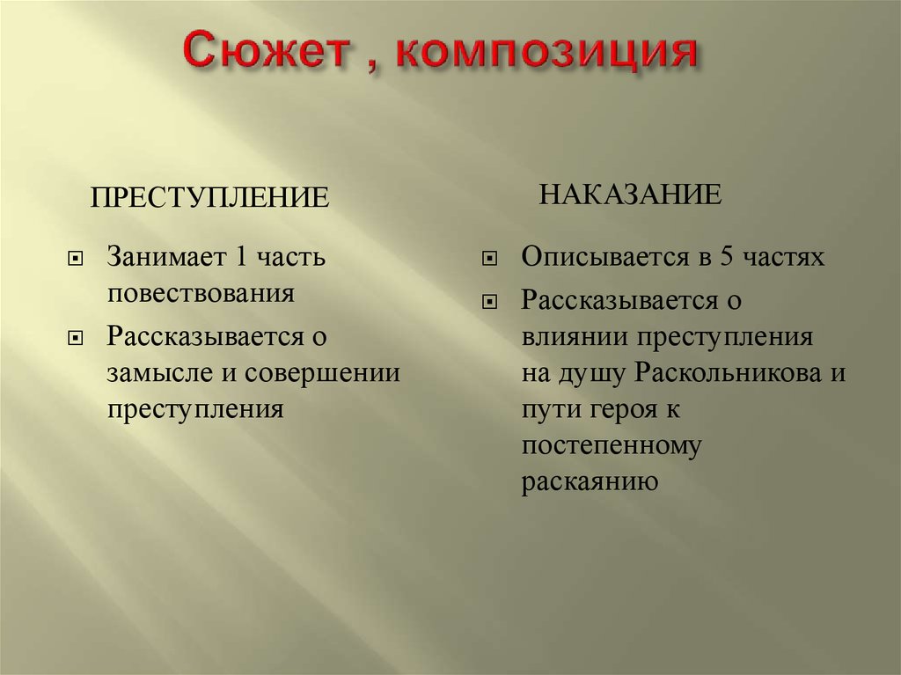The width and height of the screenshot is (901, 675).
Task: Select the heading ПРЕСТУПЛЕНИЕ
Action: click(x=209, y=197)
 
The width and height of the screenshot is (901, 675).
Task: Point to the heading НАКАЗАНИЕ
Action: click(x=630, y=194)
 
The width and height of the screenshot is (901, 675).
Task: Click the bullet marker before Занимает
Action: click(x=76, y=260)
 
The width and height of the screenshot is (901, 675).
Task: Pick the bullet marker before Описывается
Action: click(x=489, y=260)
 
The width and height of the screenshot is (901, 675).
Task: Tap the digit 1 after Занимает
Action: click(x=240, y=256)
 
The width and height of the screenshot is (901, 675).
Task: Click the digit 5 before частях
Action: click(x=726, y=256)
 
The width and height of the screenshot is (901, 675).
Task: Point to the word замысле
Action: click(x=160, y=373)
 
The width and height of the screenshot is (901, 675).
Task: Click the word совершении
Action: click(x=322, y=373)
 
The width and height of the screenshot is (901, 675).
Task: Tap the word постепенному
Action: click(x=612, y=447)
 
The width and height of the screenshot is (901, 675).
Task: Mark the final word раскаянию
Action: click(x=590, y=483)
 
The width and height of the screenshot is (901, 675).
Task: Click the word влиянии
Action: click(x=575, y=337)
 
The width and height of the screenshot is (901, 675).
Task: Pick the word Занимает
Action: click(x=165, y=256)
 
